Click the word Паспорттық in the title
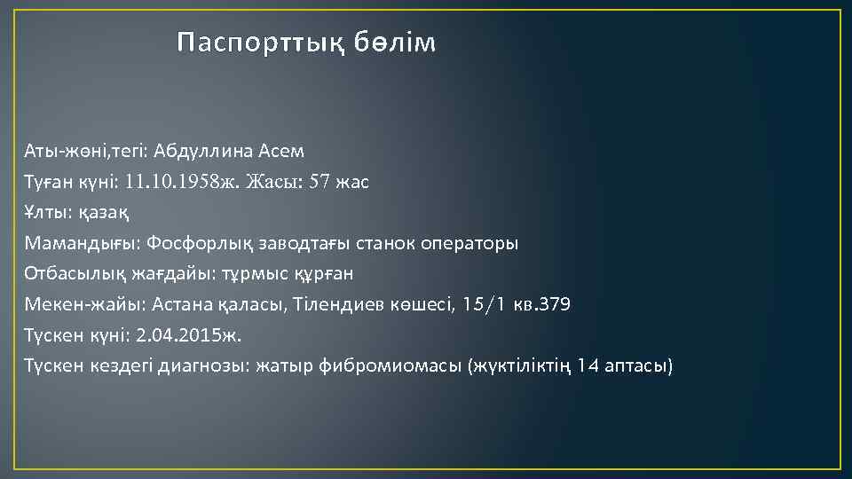(259, 43)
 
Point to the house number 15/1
(485, 305)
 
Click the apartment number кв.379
(542, 305)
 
